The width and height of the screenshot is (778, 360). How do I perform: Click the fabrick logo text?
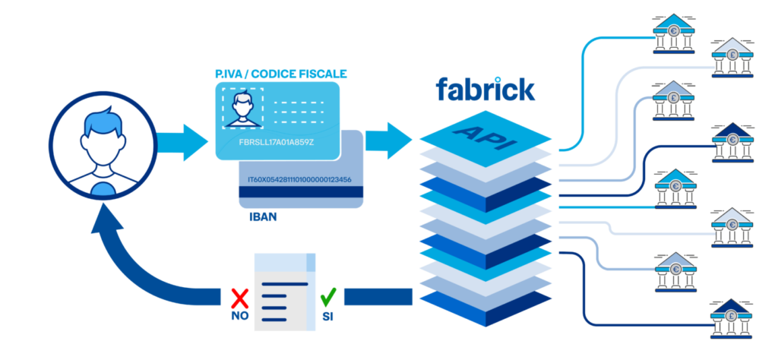pyautogui.click(x=485, y=90)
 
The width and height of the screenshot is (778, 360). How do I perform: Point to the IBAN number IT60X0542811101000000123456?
pyautogui.click(x=299, y=180)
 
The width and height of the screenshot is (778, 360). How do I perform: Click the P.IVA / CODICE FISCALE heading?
pyautogui.click(x=281, y=74)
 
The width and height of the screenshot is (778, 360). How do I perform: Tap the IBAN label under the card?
pyautogui.click(x=264, y=217)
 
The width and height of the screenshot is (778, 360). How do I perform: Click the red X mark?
pyautogui.click(x=241, y=295)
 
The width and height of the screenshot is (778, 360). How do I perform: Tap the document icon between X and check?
pyautogui.click(x=285, y=292)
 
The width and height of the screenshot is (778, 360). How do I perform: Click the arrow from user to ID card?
pyautogui.click(x=182, y=142)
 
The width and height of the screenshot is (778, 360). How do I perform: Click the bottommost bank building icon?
pyautogui.click(x=729, y=319)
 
